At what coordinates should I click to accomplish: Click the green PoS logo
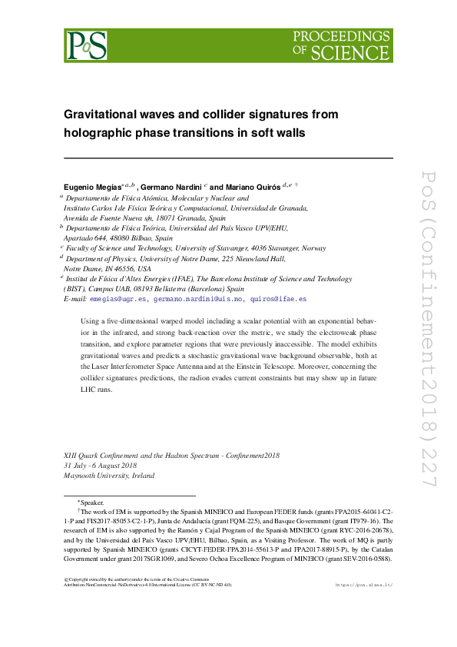coord(84,46)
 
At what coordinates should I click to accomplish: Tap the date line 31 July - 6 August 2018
coord(100,466)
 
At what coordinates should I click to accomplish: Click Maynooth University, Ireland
coord(108,476)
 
